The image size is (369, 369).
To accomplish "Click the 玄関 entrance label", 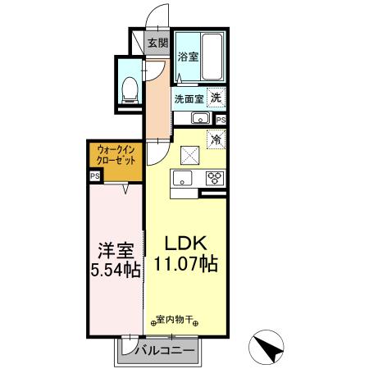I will [157, 43].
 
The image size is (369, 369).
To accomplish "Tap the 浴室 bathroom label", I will [188, 57].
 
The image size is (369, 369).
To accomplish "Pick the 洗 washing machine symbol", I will [216, 98].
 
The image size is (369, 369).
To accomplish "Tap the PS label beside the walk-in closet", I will [95, 175].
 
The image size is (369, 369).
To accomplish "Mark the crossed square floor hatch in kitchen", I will [189, 153].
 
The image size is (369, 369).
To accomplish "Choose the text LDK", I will [191, 244].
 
